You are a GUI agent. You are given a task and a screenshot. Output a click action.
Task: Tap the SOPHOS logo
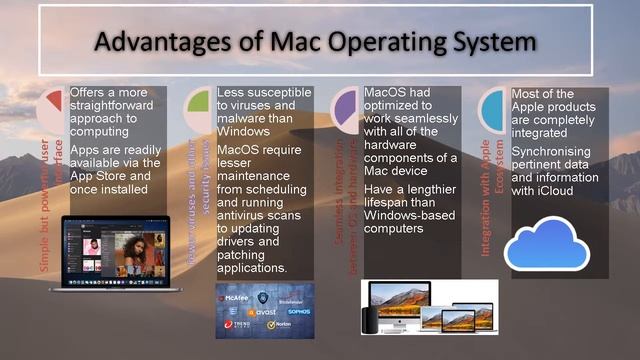coord(297,312)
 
